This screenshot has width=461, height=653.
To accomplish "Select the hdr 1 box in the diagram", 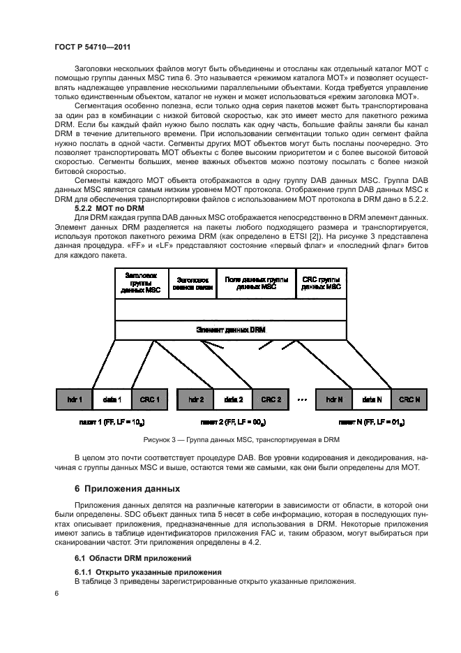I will [x=75, y=399].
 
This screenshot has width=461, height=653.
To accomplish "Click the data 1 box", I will [x=112, y=399].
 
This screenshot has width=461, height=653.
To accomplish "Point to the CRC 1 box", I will [x=150, y=399].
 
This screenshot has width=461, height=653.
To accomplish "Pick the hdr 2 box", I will [x=196, y=399].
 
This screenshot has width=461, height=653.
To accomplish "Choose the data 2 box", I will [x=234, y=399].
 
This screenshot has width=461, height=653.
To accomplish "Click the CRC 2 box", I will [x=271, y=399].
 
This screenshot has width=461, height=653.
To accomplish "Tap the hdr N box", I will [x=335, y=399].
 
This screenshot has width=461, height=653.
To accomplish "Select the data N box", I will [x=372, y=399].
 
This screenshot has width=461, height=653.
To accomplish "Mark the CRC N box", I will [x=409, y=399].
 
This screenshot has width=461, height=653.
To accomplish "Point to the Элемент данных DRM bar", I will [x=230, y=330].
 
